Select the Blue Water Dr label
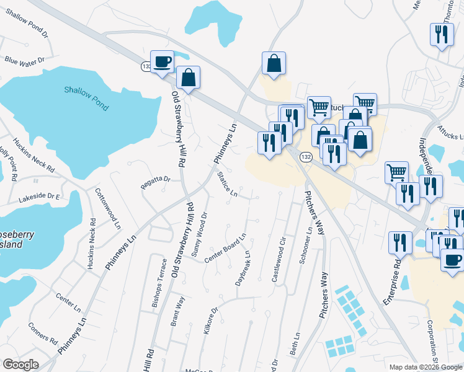coord(24,61)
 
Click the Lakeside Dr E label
coord(39,197)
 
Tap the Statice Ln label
coord(226,185)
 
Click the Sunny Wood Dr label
coord(197,235)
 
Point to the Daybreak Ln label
coord(243,268)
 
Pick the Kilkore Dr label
coord(212,321)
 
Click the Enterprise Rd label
coord(393,282)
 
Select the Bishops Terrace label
coord(160,291)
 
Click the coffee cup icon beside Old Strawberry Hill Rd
coord(163,62)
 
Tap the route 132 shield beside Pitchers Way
coord(306,157)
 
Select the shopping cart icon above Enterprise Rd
coord(396,172)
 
